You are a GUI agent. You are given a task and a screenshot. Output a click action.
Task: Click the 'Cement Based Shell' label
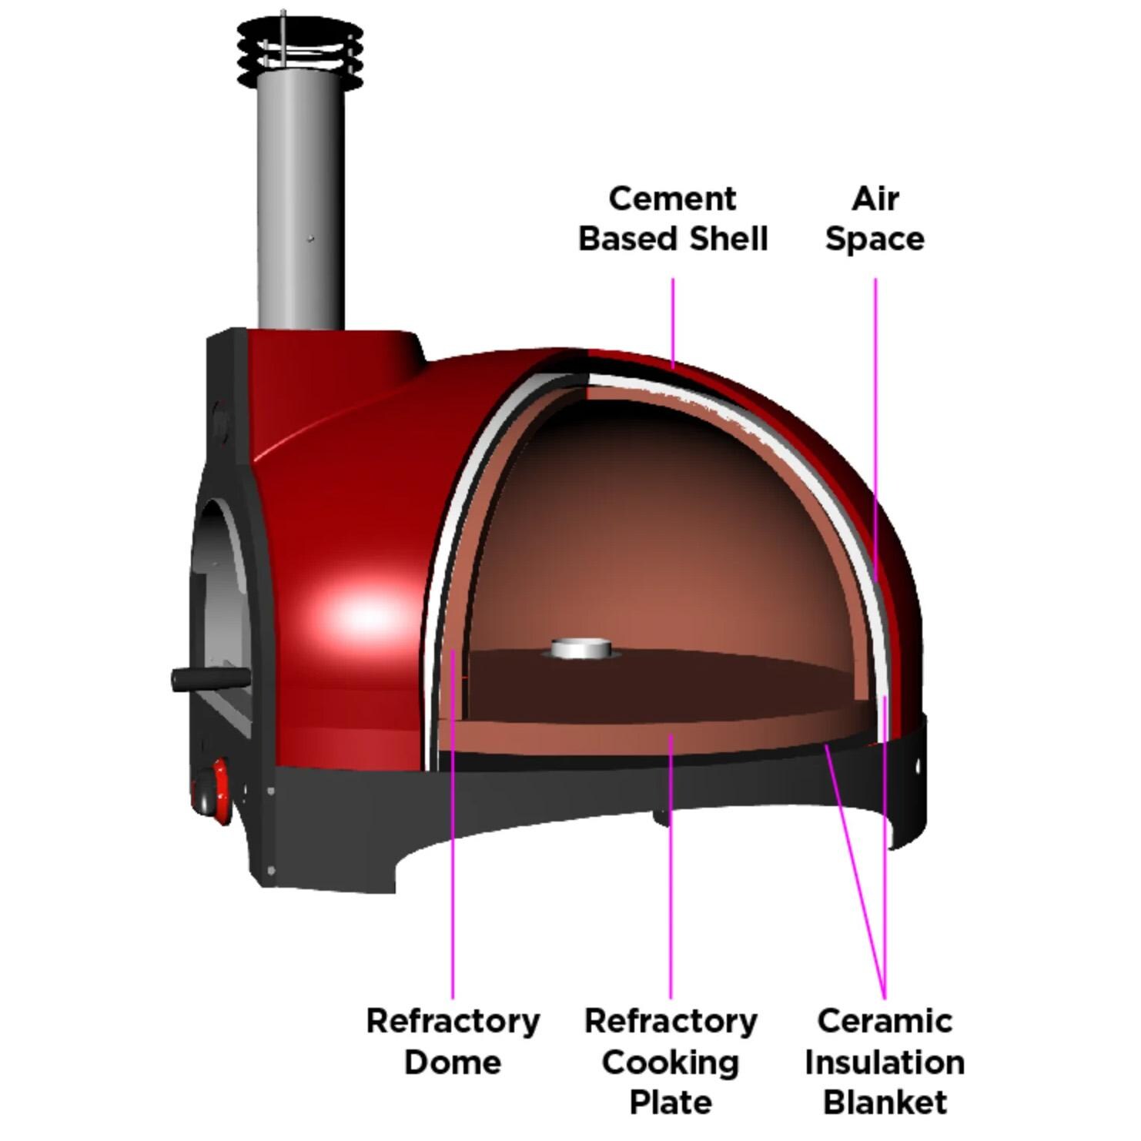coord(672,219)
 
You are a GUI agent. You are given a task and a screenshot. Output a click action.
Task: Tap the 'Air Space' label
coord(875,219)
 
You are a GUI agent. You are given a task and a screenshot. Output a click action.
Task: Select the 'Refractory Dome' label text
coord(453,1041)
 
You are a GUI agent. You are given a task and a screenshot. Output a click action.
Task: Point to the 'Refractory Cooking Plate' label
coord(671,1061)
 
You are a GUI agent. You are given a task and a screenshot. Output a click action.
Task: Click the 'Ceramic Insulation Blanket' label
coord(885,1061)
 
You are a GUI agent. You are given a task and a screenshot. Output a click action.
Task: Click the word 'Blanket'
coord(885,1102)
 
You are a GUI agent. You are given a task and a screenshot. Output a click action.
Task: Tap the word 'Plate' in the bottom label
coord(671,1102)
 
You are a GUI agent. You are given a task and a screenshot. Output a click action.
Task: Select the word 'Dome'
coord(453,1062)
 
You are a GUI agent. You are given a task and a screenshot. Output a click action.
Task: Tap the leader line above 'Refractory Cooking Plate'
coord(671,870)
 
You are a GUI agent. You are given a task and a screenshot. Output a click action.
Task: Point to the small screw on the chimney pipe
coord(310,239)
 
